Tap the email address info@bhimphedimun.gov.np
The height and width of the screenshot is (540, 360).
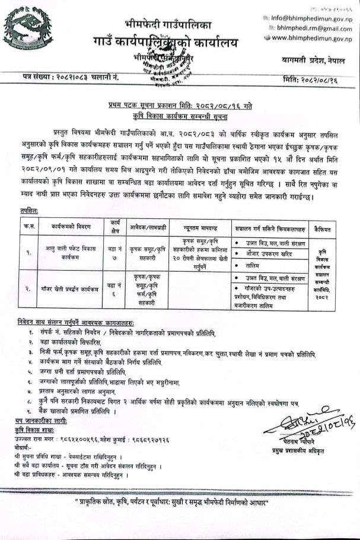(x=311, y=18)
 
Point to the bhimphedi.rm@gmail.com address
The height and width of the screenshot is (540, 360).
(x=313, y=28)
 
